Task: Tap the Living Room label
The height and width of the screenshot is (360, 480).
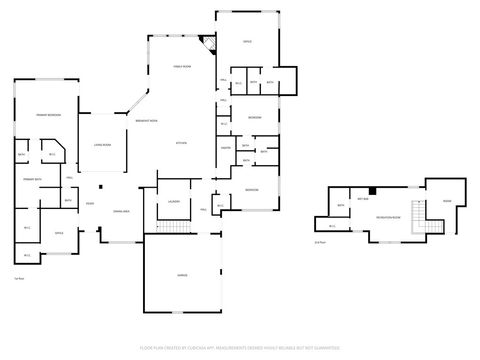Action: click(x=102, y=145)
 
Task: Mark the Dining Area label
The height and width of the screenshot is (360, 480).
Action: click(x=121, y=211)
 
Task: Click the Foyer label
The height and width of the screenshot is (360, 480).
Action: click(x=90, y=204)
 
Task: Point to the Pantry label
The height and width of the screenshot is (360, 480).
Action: click(x=226, y=148)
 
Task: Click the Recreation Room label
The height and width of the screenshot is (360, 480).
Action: click(x=388, y=215)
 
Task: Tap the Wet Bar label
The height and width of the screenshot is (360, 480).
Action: click(x=359, y=198)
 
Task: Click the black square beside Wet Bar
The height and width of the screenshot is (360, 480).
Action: click(x=372, y=190)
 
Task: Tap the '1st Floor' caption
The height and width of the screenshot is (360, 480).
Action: click(x=19, y=278)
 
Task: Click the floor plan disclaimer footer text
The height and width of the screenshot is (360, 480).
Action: click(x=241, y=350)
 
